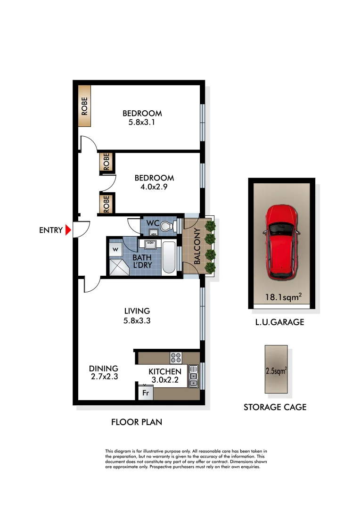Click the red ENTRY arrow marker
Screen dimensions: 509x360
[68, 230]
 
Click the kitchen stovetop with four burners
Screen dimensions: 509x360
[176, 357]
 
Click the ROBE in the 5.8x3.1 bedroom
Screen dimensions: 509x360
[84, 106]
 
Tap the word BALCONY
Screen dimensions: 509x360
[197, 246]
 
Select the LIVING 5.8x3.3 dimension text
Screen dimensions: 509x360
[137, 320]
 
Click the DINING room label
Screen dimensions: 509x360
[104, 369]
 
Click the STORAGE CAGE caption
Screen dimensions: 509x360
[275, 407]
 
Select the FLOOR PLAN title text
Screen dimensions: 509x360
[137, 422]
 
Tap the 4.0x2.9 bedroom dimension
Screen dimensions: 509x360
[154, 187]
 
